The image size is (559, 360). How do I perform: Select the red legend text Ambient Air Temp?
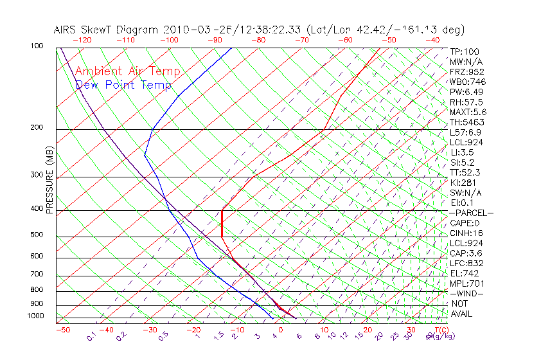(127, 71)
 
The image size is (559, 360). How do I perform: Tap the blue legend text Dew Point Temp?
(123, 85)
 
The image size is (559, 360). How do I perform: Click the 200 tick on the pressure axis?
(37, 127)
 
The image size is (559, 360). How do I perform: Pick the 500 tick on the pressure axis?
(37, 235)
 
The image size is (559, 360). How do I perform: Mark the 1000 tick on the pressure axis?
(35, 316)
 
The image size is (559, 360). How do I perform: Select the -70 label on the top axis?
(301, 40)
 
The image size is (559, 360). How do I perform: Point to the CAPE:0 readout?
(466, 223)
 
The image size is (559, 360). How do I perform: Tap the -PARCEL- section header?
(471, 213)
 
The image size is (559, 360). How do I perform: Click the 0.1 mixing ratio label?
(92, 336)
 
